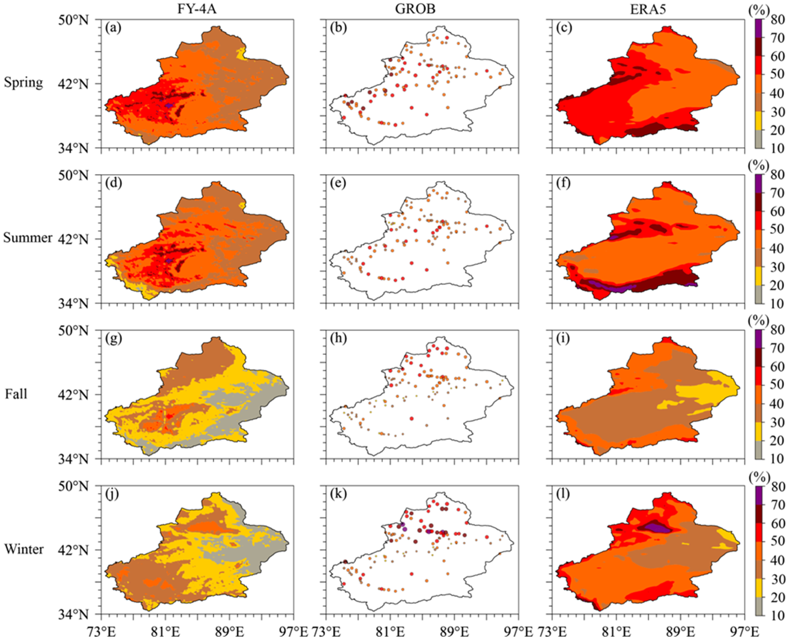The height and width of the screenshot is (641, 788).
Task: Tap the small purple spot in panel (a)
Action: (169, 105)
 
